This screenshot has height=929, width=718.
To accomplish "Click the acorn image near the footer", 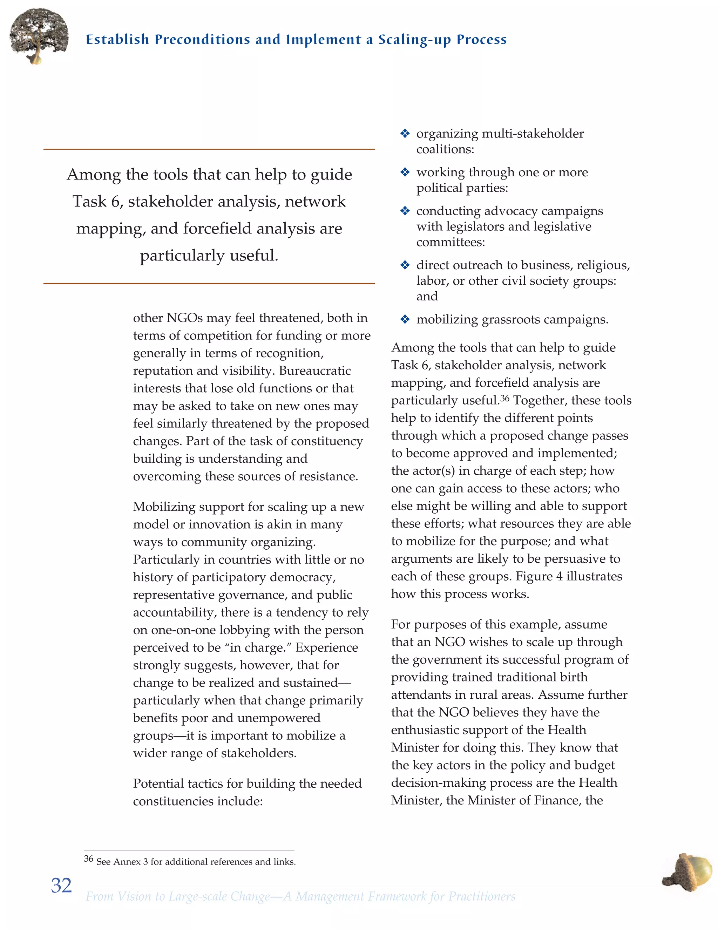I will tap(688, 872).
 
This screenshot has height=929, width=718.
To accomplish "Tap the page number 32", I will tap(61, 885).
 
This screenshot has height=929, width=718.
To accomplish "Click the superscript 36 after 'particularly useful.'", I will tap(504, 398).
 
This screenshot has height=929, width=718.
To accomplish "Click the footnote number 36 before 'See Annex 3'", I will tap(88, 859).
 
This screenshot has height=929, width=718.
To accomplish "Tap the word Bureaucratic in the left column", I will tap(315, 371).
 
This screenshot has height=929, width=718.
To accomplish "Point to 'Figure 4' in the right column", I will tap(539, 576).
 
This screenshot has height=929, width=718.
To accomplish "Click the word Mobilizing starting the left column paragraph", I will tap(164, 507).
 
